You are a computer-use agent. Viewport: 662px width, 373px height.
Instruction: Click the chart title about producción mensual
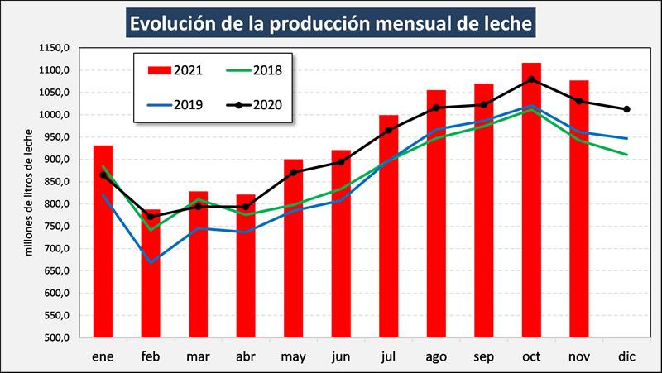[331, 22]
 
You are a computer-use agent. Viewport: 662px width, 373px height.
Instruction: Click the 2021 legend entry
[175, 69]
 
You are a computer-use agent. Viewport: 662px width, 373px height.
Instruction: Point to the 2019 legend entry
[175, 105]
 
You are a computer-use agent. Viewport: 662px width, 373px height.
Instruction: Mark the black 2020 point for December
[627, 109]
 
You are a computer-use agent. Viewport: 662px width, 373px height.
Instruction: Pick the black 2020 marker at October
[532, 79]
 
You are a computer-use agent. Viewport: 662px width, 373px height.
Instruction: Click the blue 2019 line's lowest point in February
[151, 262]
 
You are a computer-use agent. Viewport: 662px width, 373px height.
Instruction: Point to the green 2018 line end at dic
[627, 155]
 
